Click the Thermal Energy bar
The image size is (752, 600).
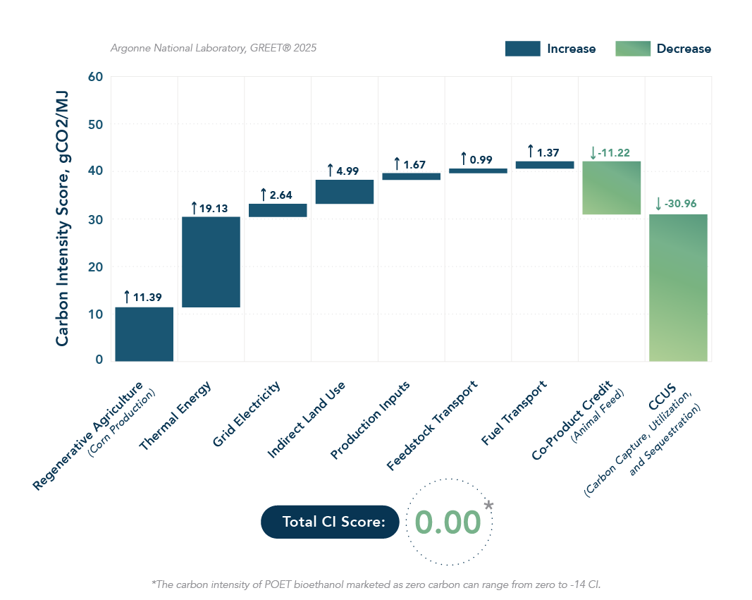pyautogui.click(x=211, y=262)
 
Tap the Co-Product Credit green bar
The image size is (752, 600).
pyautogui.click(x=611, y=188)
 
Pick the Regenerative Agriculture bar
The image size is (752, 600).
pyautogui.click(x=144, y=333)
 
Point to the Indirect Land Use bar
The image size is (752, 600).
pyautogui.click(x=344, y=192)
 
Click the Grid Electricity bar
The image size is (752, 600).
pyautogui.click(x=278, y=210)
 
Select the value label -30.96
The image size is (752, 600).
pyautogui.click(x=679, y=204)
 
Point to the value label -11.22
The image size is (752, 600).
pyautogui.click(x=614, y=152)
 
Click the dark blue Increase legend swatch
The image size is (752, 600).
pyautogui.click(x=522, y=49)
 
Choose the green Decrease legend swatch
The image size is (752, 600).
pyautogui.click(x=632, y=49)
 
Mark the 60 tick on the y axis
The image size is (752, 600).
pyautogui.click(x=96, y=76)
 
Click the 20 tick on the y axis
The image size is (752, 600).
pyautogui.click(x=96, y=266)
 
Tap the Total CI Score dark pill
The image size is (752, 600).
pyautogui.click(x=330, y=522)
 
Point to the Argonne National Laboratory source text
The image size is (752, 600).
pyautogui.click(x=214, y=48)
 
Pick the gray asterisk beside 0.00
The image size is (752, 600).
pyautogui.click(x=489, y=506)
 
